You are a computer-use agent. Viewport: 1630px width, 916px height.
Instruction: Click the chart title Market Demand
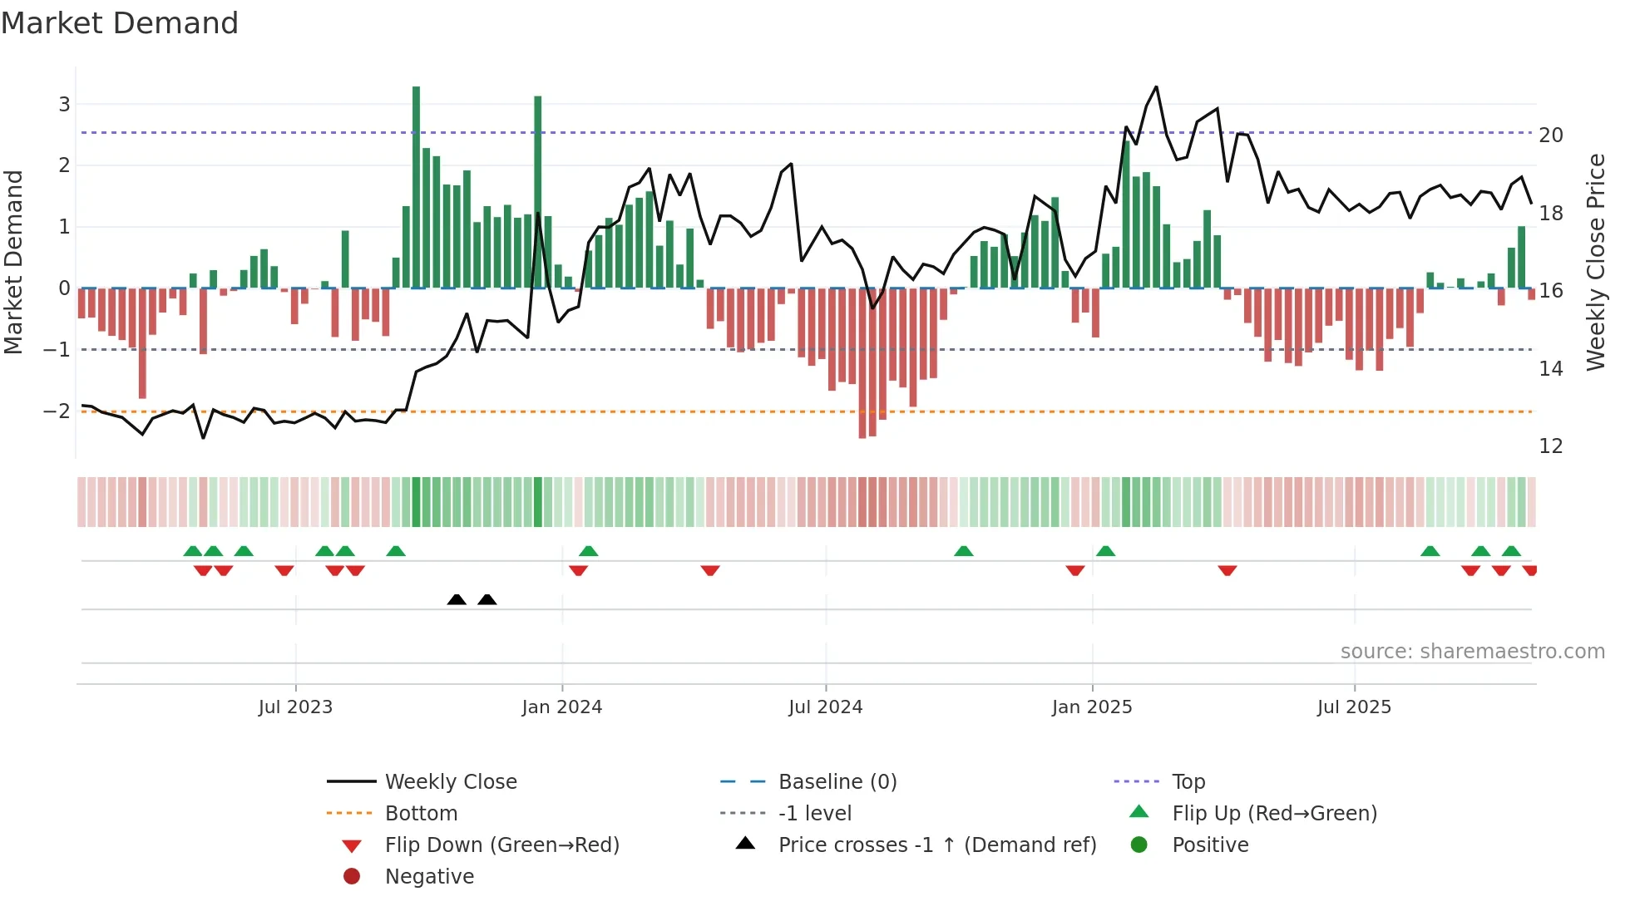(120, 23)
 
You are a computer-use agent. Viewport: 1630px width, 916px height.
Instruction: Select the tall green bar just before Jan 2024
(538, 191)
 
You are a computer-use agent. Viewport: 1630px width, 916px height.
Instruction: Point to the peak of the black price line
(1156, 87)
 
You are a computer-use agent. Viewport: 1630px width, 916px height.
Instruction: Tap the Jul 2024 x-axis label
(825, 707)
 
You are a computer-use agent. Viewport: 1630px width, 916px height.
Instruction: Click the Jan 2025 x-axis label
(1091, 707)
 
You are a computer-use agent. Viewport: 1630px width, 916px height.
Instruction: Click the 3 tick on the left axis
(64, 105)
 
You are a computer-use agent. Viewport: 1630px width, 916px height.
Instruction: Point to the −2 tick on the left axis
(57, 411)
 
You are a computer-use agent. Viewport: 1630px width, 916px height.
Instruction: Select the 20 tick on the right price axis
(1550, 135)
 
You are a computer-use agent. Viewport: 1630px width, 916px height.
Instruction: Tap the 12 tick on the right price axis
(1550, 446)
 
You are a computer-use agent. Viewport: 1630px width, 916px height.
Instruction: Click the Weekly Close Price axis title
(1595, 262)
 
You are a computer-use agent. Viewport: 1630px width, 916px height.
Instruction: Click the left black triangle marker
(457, 599)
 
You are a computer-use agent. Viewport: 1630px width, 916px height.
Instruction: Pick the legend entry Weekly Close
(450, 782)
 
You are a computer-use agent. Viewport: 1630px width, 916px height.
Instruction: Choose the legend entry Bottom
(421, 814)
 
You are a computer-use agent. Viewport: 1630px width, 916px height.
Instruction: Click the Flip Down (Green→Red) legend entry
(501, 845)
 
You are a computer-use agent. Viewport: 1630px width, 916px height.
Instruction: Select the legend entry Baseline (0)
(837, 782)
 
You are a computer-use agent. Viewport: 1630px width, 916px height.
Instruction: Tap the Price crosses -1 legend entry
(936, 845)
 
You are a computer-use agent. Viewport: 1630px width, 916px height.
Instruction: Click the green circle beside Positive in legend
(1139, 845)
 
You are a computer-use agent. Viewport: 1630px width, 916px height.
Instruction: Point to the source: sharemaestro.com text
(1472, 652)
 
